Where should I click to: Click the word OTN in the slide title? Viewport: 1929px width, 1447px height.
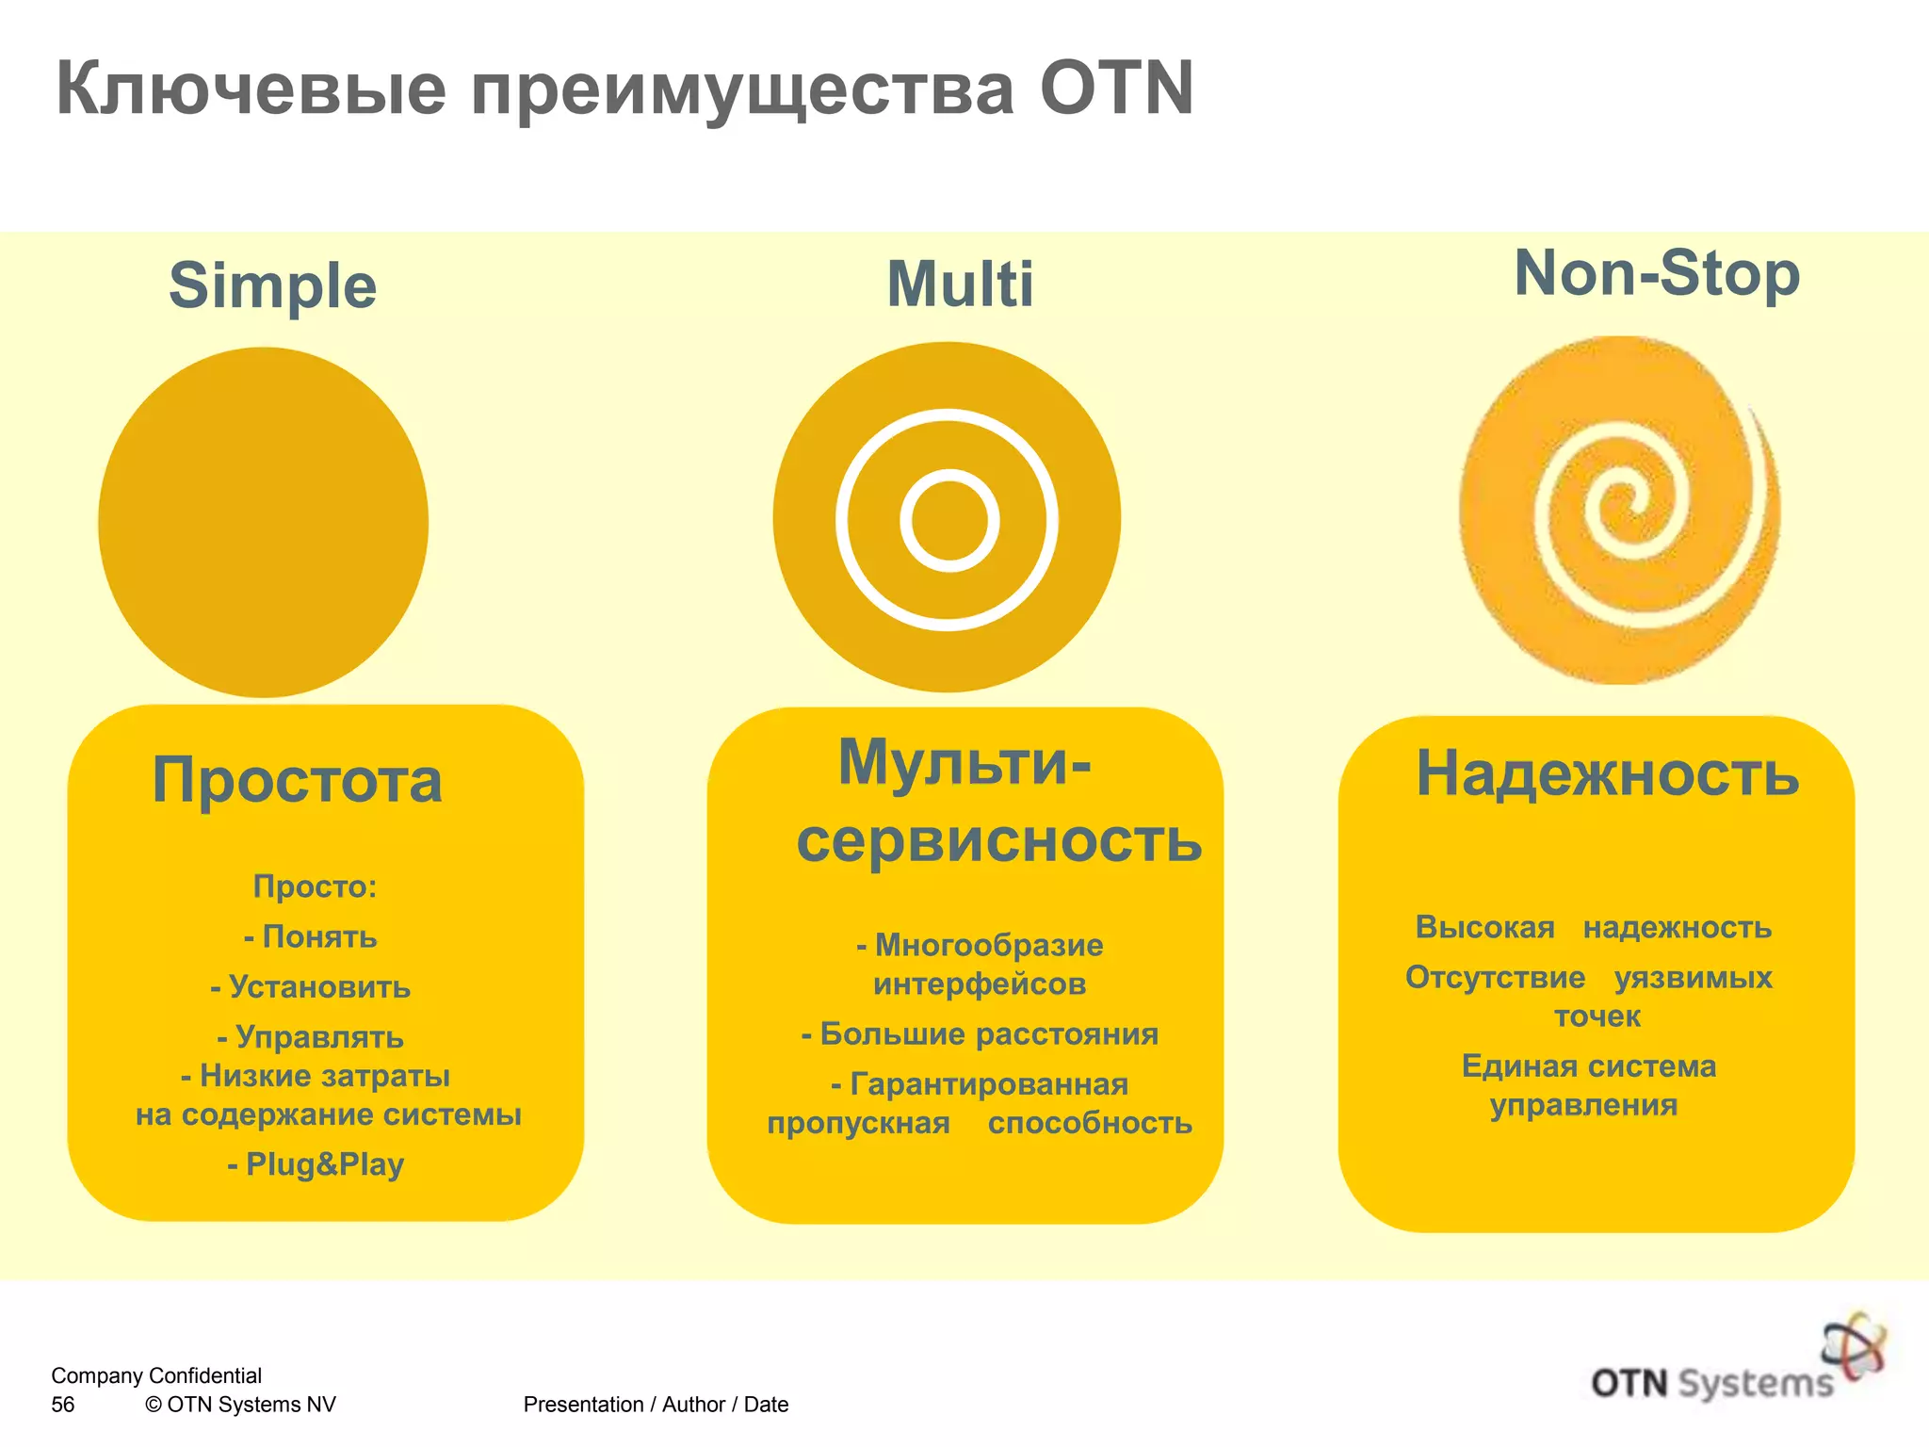point(1116,89)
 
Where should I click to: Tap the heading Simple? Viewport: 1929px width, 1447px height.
point(272,285)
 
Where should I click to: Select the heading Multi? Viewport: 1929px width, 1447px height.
point(960,284)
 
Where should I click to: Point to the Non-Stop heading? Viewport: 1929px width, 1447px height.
point(1657,273)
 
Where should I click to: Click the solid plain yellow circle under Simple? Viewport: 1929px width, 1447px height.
point(263,523)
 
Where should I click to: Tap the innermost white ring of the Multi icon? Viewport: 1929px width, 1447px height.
point(949,480)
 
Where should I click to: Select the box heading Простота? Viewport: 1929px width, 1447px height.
point(297,780)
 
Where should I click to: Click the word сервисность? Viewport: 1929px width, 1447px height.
point(999,840)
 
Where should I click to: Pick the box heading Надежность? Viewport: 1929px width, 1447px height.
point(1608,773)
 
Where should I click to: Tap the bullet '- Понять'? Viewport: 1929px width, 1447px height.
point(311,936)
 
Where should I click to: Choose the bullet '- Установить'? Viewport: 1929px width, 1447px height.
point(311,986)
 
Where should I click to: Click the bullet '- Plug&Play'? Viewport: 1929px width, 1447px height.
point(316,1164)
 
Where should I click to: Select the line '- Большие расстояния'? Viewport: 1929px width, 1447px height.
point(980,1033)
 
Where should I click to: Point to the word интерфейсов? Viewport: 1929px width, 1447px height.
point(980,984)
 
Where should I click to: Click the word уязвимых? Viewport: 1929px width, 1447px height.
point(1693,977)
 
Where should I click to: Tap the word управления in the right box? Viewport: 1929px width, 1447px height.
point(1583,1105)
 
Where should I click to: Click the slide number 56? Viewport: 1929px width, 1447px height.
point(63,1405)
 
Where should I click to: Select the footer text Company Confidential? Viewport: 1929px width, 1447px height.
point(156,1375)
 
